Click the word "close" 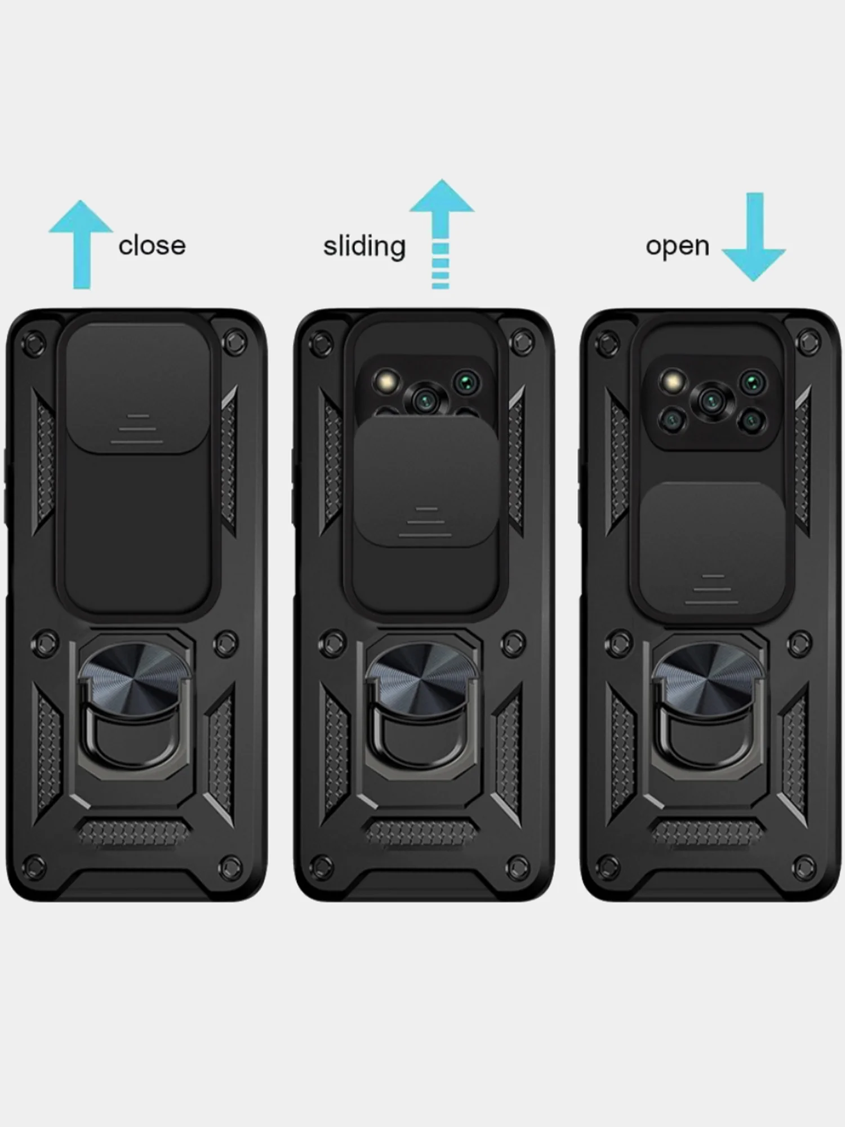coord(152,246)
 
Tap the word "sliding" coord(364,247)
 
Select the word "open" coord(677,247)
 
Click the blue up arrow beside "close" coord(81,245)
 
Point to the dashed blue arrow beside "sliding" coord(441,234)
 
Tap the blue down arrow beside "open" coord(754,237)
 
